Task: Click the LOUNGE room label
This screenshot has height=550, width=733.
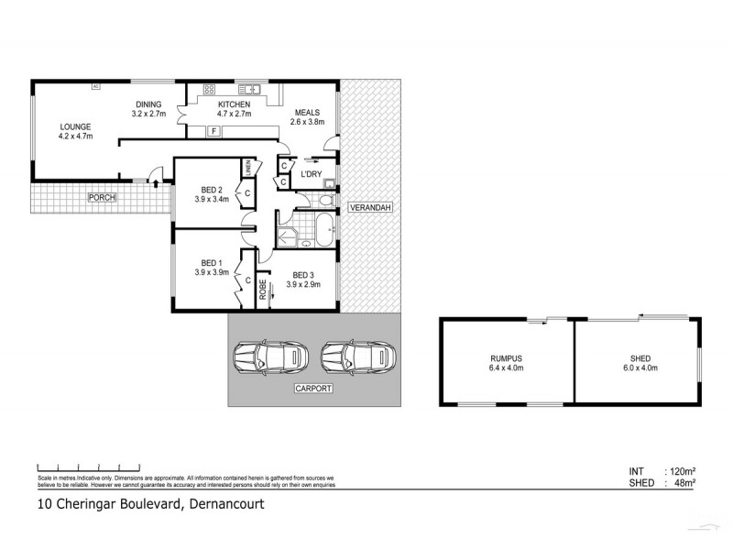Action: pyautogui.click(x=75, y=126)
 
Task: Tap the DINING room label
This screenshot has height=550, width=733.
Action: pyautogui.click(x=148, y=104)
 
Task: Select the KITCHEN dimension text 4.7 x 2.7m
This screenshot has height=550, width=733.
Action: pyautogui.click(x=233, y=115)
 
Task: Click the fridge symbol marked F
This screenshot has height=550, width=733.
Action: pyautogui.click(x=213, y=132)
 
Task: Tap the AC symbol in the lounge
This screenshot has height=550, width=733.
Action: pyautogui.click(x=94, y=87)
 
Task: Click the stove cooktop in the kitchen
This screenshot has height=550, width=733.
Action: pyautogui.click(x=209, y=89)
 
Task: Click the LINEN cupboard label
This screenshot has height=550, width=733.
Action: pyautogui.click(x=246, y=168)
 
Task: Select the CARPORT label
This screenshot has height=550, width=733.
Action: pyautogui.click(x=313, y=389)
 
